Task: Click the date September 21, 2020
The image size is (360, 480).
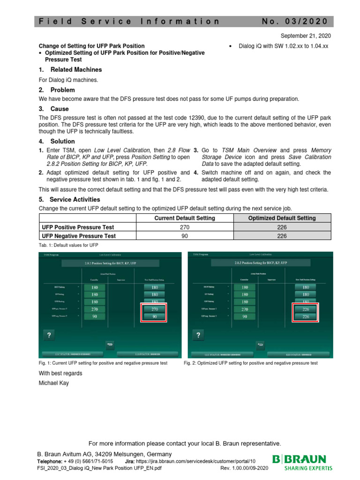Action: tap(306, 36)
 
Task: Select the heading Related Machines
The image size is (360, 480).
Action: tap(76, 70)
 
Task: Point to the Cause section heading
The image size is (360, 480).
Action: tap(60, 109)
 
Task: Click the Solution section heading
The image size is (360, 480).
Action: tap(62, 141)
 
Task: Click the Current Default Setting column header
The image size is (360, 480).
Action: tap(185, 218)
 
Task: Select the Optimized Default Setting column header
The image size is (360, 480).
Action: tap(282, 218)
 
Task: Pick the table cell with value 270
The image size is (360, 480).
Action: tap(185, 227)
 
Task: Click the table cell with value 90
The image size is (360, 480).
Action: tap(185, 236)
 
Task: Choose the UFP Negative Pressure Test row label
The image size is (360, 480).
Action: tap(79, 236)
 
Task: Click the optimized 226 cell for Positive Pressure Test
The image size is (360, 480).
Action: tap(282, 227)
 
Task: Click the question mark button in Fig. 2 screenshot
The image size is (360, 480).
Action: tap(199, 335)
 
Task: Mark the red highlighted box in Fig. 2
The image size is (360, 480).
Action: tap(305, 313)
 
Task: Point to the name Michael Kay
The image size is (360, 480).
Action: tap(53, 383)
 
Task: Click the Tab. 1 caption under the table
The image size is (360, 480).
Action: tap(68, 246)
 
